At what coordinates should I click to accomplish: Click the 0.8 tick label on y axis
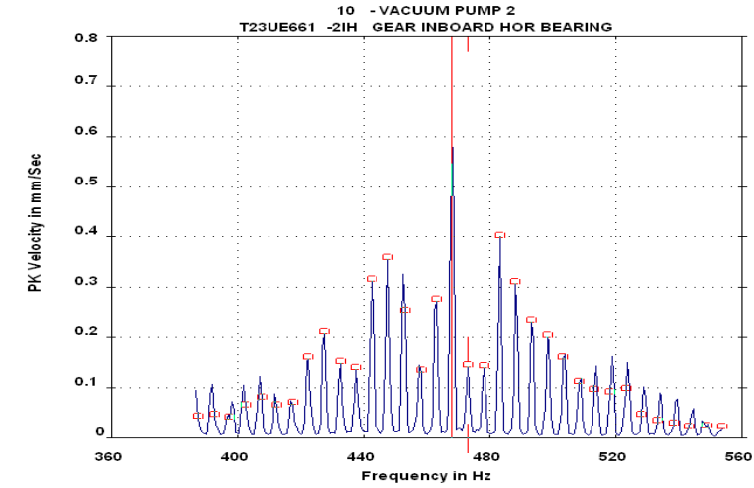coord(86,37)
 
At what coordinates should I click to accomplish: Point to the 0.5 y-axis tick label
coord(86,186)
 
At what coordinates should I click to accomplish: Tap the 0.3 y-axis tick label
coord(86,288)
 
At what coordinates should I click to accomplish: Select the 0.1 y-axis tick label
coord(86,388)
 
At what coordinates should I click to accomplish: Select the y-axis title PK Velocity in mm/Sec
coord(35,238)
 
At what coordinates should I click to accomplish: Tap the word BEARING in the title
coord(577,26)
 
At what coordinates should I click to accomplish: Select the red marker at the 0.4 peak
coord(500,235)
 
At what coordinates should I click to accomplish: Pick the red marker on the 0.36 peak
coord(387,257)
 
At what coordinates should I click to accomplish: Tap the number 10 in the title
coord(345,10)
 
